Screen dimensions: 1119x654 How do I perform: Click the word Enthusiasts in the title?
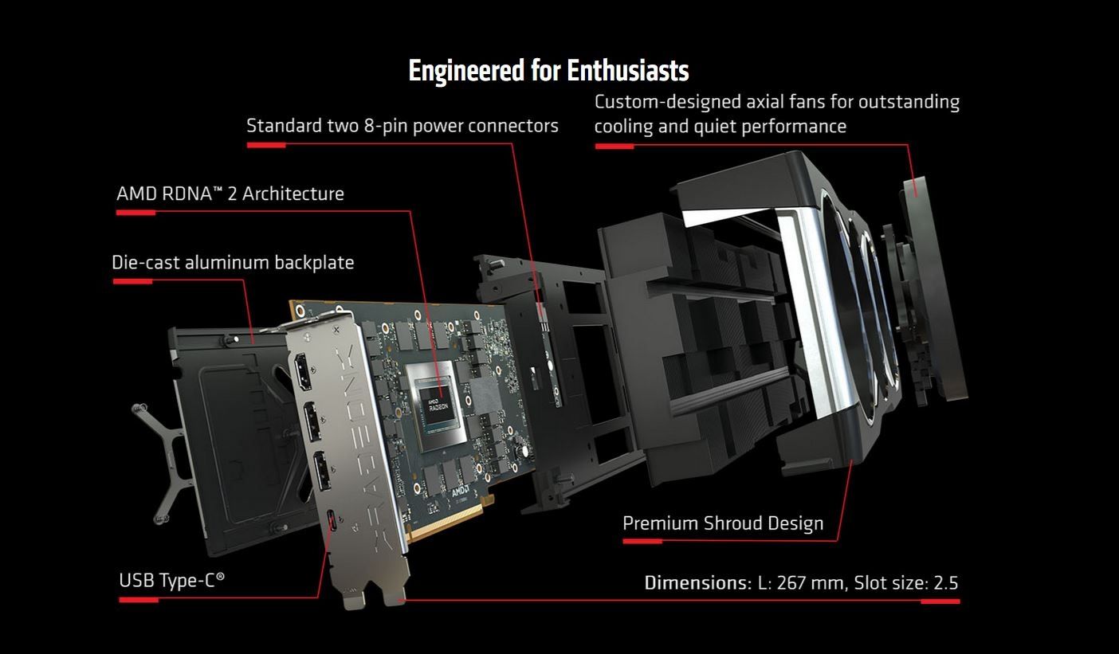(x=627, y=71)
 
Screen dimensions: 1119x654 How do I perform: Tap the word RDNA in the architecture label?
(x=187, y=194)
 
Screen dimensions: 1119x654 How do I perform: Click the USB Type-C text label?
(x=171, y=581)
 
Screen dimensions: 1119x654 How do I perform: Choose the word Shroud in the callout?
(x=732, y=523)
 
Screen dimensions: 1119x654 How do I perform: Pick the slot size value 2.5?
(x=946, y=582)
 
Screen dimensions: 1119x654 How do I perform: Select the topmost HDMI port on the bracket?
(x=303, y=372)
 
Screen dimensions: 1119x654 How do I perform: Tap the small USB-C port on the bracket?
(x=332, y=523)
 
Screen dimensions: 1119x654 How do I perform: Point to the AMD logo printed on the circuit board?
(x=461, y=491)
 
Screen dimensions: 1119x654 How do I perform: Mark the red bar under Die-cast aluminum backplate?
(x=132, y=281)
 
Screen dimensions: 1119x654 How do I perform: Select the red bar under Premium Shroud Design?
(x=642, y=541)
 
